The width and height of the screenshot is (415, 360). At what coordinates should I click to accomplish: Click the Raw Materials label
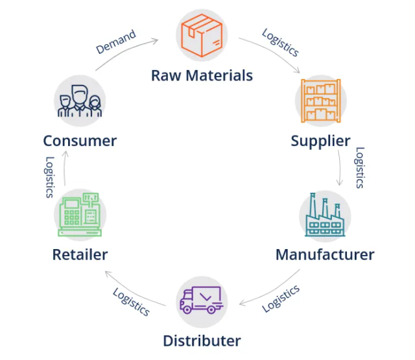pos(202,75)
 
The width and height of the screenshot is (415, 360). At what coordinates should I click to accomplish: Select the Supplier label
pos(320,141)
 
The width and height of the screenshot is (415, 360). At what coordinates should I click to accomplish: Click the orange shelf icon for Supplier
pos(320,101)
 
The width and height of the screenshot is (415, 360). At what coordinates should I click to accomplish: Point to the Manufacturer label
pos(324,254)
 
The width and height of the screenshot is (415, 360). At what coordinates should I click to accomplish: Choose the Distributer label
pos(202,341)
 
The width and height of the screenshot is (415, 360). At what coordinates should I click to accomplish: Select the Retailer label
pos(80,254)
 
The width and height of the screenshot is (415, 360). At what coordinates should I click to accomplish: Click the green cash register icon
pos(80,215)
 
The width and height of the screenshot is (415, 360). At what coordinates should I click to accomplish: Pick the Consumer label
pos(80,141)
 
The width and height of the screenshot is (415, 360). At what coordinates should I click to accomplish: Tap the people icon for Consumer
pos(80,101)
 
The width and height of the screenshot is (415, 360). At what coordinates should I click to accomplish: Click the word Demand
pos(116,42)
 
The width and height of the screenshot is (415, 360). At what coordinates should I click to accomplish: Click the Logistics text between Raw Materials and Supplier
pos(280,42)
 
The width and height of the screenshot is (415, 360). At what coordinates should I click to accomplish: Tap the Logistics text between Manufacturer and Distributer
pos(280,298)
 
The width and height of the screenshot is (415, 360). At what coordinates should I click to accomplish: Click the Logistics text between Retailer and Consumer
pos(49,176)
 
